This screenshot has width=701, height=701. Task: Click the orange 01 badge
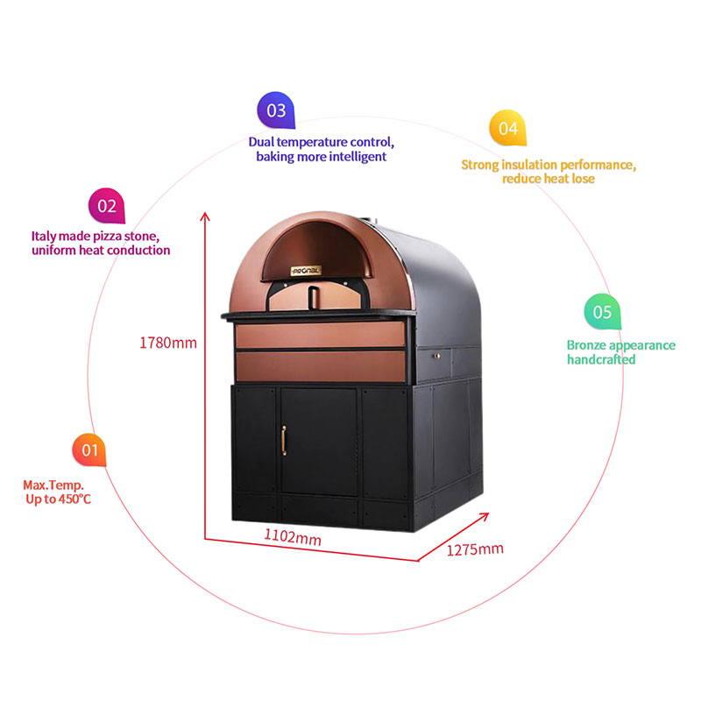coord(89,450)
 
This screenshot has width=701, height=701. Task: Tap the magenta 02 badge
coord(106,206)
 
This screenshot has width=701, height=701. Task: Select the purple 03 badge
coord(276,110)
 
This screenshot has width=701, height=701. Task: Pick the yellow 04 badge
coord(508,128)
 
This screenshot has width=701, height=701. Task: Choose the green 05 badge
coord(602,312)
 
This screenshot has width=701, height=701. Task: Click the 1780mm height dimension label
coord(168,343)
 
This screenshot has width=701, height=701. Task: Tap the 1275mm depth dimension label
coord(475,549)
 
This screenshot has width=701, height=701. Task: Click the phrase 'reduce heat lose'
coord(549,179)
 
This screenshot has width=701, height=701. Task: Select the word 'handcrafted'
coord(601,359)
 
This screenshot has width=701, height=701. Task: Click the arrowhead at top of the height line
coord(205,216)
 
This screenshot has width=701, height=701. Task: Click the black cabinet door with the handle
coord(318,443)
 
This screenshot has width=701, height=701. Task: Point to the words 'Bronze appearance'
coord(620,344)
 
